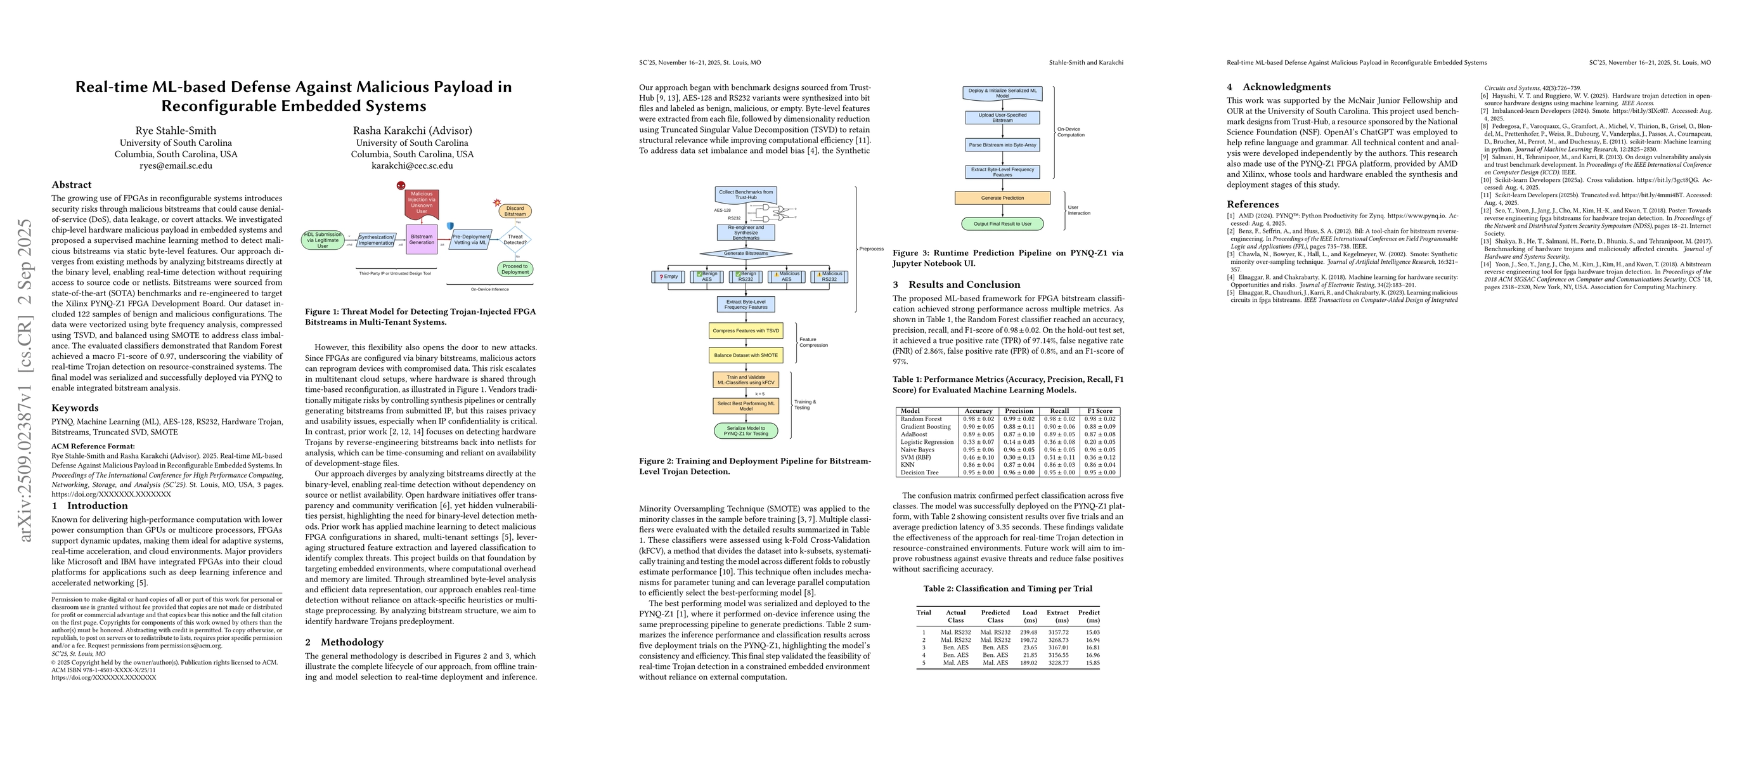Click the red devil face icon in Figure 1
(x=401, y=185)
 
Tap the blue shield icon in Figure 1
(x=450, y=226)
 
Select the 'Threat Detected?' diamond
(x=515, y=240)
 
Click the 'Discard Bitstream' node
(x=515, y=211)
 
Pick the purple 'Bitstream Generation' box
(x=422, y=240)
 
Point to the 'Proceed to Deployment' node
(x=515, y=269)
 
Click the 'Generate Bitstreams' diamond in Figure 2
(x=746, y=253)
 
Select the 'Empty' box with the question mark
(x=669, y=276)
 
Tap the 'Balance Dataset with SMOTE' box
(x=746, y=355)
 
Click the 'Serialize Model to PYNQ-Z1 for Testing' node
(x=746, y=431)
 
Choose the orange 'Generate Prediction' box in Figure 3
(x=1003, y=198)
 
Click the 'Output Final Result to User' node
(x=1003, y=224)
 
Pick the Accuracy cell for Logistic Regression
(x=978, y=442)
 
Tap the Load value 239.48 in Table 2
(x=1029, y=632)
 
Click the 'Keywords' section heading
(x=75, y=408)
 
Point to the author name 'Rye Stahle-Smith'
(x=176, y=131)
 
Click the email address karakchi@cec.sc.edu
(x=412, y=166)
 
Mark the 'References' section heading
(x=1253, y=204)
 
